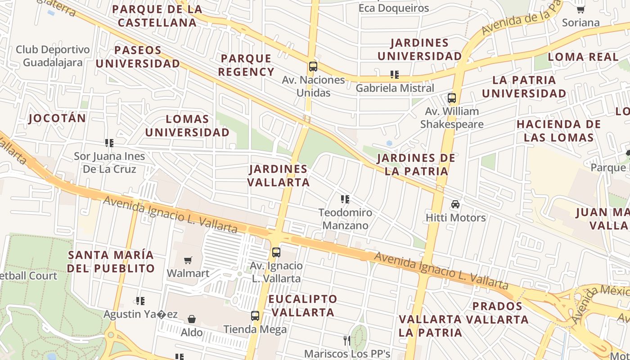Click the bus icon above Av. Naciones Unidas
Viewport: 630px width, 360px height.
coord(313,67)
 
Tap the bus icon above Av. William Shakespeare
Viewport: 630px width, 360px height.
coord(451,98)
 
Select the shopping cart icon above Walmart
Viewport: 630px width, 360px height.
coord(188,260)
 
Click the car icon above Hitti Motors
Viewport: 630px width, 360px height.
coord(455,204)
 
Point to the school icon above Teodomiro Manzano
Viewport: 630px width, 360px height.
coord(345,199)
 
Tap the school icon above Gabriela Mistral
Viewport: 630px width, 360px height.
coord(395,75)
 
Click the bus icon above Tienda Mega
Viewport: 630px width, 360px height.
coord(255,316)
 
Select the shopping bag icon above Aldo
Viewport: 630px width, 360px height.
coord(192,319)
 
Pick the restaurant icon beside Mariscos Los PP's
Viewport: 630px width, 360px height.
coord(346,340)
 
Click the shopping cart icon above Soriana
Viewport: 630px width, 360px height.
coord(580,9)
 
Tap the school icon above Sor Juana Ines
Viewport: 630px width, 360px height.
coord(109,143)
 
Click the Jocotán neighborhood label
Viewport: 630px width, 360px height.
coord(57,118)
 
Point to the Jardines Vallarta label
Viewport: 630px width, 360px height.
coord(279,175)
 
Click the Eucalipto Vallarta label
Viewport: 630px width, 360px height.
coord(302,306)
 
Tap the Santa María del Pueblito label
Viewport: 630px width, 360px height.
coord(111,262)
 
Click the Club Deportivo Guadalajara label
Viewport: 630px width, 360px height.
coord(53,56)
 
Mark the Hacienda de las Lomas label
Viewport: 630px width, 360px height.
coord(558,131)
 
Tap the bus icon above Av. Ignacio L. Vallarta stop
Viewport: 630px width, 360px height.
coord(276,252)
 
